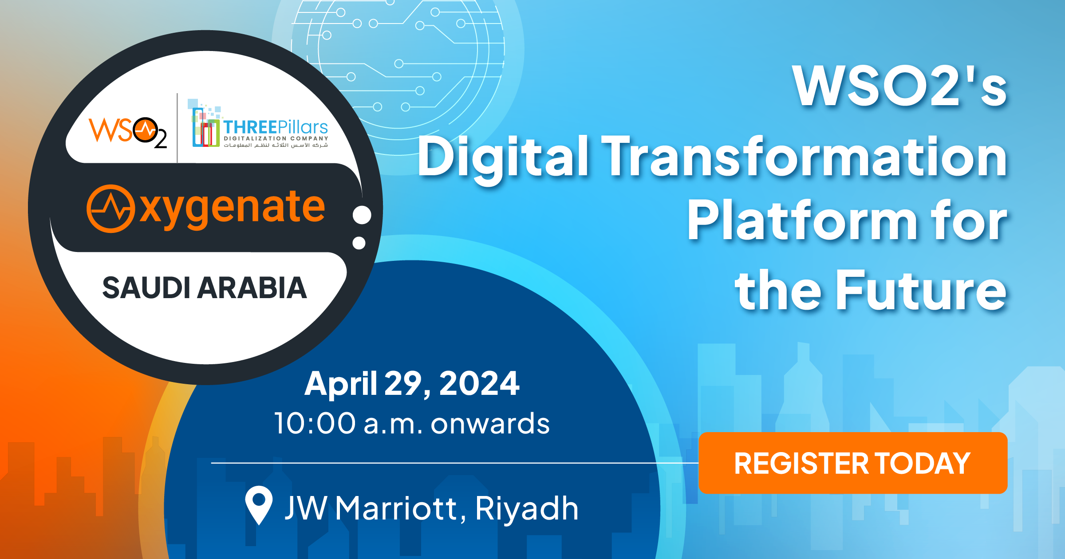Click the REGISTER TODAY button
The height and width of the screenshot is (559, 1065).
click(852, 463)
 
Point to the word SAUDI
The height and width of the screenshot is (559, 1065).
click(148, 288)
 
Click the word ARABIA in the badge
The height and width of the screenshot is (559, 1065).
click(252, 288)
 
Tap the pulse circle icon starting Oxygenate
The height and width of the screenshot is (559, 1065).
click(110, 209)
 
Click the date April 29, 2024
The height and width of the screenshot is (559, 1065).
click(412, 383)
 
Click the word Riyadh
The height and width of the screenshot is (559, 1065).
click(527, 508)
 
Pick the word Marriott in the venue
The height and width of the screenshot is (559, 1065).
click(396, 508)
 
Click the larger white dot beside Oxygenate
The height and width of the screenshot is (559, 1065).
click(362, 215)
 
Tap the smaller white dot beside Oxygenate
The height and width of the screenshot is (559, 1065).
click(359, 243)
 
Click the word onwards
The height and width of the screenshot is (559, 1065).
click(490, 423)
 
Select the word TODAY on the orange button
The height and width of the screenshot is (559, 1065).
click(923, 463)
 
